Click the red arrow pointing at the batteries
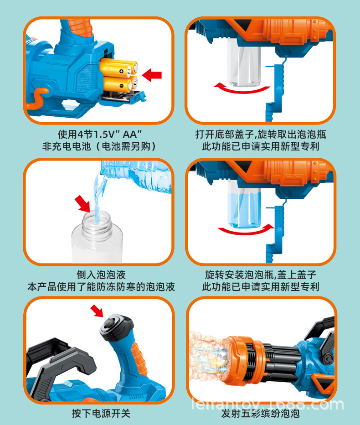point(152,75)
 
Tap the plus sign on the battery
point(121,72)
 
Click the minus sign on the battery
point(121,86)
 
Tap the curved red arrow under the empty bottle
point(242,89)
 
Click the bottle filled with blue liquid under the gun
point(245,204)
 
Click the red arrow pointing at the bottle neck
point(82,204)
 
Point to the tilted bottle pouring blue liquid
point(135,176)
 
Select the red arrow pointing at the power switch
point(97,311)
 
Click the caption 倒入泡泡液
point(101,275)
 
